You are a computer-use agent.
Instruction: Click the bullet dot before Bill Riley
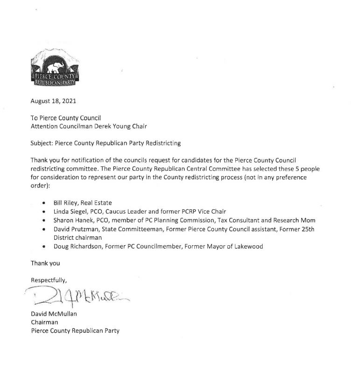[43, 203]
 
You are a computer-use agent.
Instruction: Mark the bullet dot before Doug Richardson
[43, 247]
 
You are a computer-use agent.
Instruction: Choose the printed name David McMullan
[54, 314]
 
